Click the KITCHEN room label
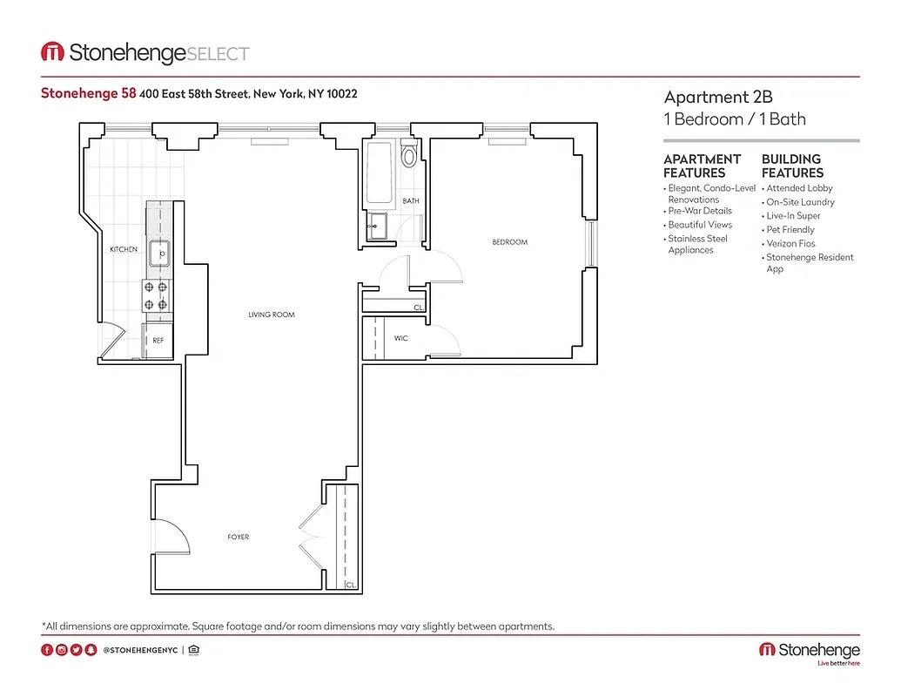124,249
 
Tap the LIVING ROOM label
272,315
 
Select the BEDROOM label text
510,242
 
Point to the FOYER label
239,537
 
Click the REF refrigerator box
158,341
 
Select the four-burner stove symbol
156,295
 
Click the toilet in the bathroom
409,156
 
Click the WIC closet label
401,337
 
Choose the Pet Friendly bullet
790,230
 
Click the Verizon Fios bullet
790,244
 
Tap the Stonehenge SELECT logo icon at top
52,52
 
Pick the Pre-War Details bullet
700,211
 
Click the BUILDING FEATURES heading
791,166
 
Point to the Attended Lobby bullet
799,188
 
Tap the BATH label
411,201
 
